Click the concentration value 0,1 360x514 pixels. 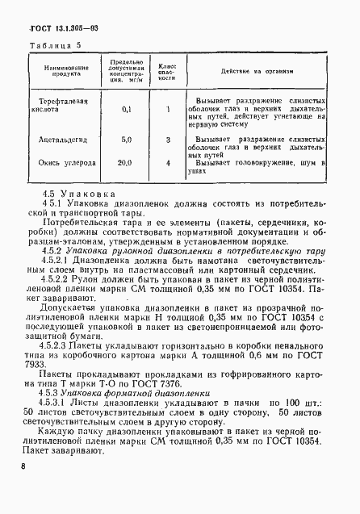[125, 108]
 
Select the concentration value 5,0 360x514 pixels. [125, 140]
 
